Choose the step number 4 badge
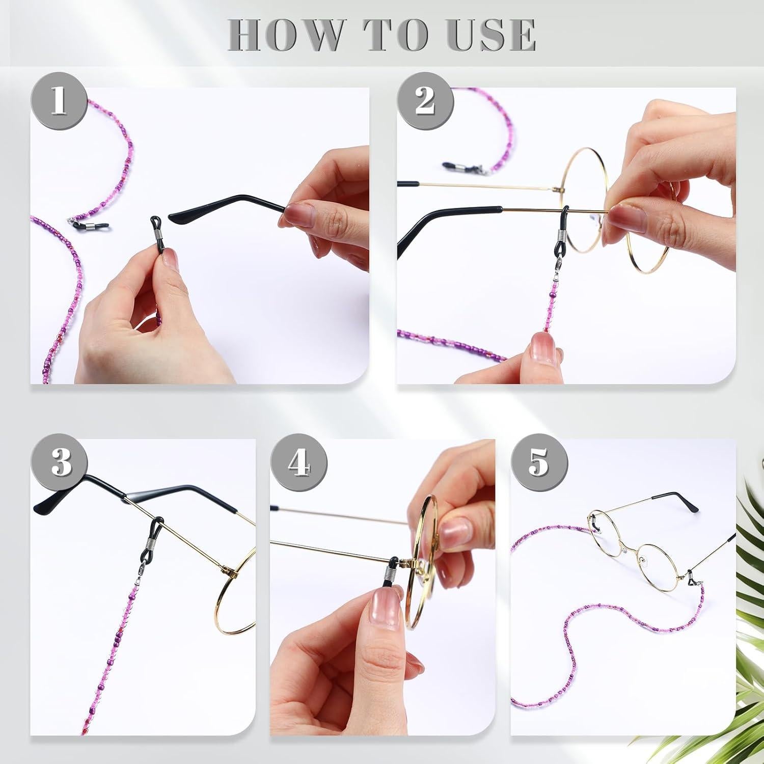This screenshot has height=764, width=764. click(299, 463)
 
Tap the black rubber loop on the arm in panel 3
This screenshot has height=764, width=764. click(154, 542)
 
